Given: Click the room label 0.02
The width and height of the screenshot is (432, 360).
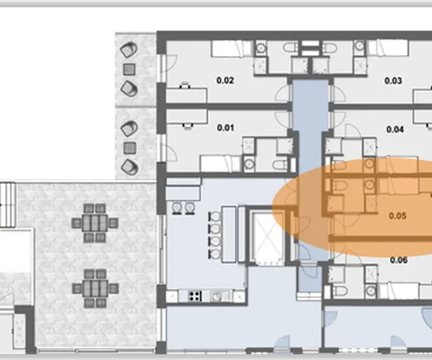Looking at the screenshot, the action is click(x=225, y=81).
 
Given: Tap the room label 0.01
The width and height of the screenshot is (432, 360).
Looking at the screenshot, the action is click(x=225, y=128).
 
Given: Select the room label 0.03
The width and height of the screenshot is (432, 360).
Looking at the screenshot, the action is click(x=393, y=81).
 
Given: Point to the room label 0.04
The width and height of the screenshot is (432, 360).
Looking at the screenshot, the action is click(x=395, y=129).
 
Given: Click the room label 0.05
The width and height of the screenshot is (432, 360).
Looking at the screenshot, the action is click(x=397, y=215).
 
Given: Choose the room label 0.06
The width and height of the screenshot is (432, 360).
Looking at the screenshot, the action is click(x=399, y=260).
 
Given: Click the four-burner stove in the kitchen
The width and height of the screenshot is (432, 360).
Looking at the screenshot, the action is click(x=195, y=296).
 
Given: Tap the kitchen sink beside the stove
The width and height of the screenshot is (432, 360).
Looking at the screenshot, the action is click(x=217, y=297).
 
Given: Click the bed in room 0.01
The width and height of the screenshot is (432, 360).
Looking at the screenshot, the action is click(x=221, y=164).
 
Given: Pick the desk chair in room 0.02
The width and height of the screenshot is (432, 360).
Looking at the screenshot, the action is click(x=185, y=85).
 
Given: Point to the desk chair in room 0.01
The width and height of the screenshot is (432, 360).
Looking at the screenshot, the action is click(x=188, y=126).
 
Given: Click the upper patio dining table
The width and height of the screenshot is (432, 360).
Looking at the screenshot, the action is click(x=95, y=223).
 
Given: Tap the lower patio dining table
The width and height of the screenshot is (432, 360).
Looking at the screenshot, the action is click(x=95, y=289).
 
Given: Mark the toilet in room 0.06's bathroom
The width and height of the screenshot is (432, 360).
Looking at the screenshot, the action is click(x=340, y=291).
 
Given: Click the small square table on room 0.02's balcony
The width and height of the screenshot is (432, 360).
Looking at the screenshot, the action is click(x=129, y=69).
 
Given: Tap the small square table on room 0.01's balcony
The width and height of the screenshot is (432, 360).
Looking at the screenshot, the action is click(x=130, y=148).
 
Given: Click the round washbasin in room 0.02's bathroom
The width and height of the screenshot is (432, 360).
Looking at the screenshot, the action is click(x=261, y=48).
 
